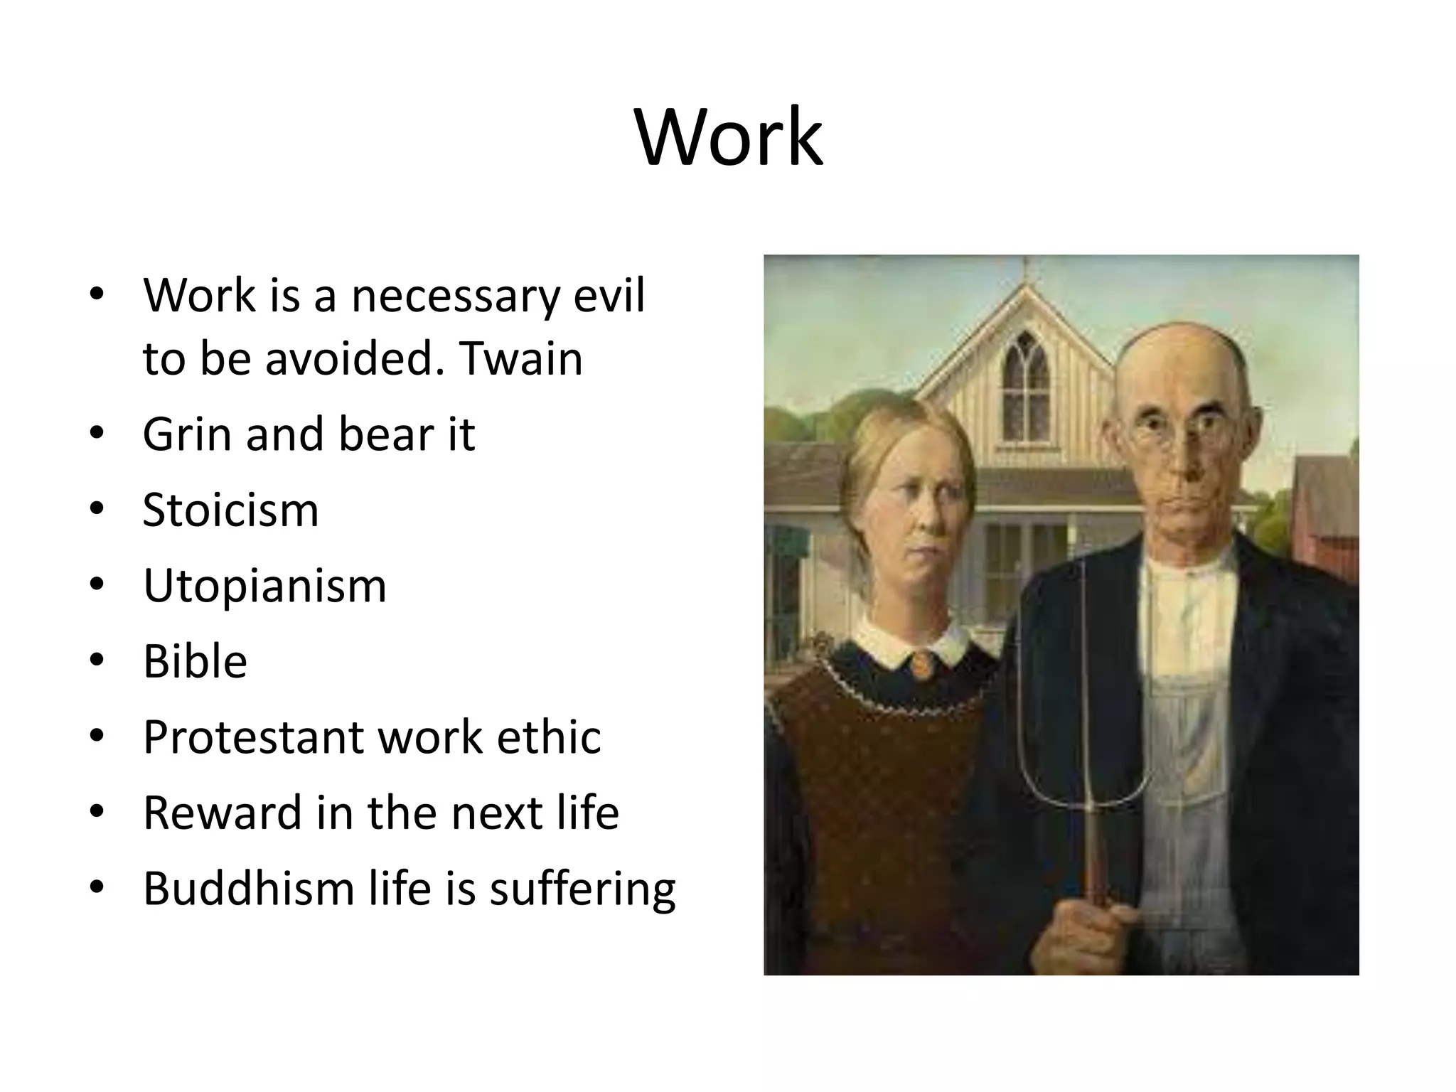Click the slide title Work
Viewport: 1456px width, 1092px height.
(x=728, y=136)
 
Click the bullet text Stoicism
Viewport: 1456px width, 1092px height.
(x=230, y=510)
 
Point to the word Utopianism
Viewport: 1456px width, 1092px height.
(x=264, y=586)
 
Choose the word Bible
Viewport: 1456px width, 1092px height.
(x=195, y=662)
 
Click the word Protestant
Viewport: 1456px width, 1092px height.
(x=253, y=737)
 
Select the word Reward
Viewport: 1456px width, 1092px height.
(x=222, y=813)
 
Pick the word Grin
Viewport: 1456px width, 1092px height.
(x=187, y=434)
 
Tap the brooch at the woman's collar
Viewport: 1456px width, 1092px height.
(x=919, y=664)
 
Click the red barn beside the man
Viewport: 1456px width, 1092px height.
(x=1325, y=519)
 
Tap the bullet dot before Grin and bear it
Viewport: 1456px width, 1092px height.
(x=97, y=434)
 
